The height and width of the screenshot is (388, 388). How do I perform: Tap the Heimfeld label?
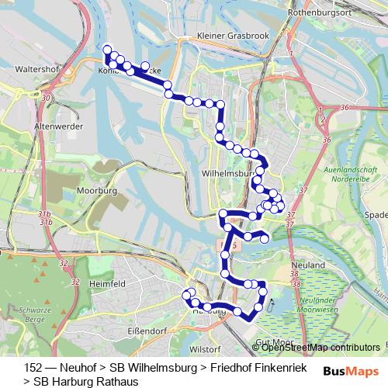[108, 285]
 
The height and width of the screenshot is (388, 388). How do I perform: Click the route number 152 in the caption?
[33, 367]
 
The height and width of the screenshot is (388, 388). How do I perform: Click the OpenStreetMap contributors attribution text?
[320, 347]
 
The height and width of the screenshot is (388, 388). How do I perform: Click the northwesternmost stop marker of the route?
[107, 50]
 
